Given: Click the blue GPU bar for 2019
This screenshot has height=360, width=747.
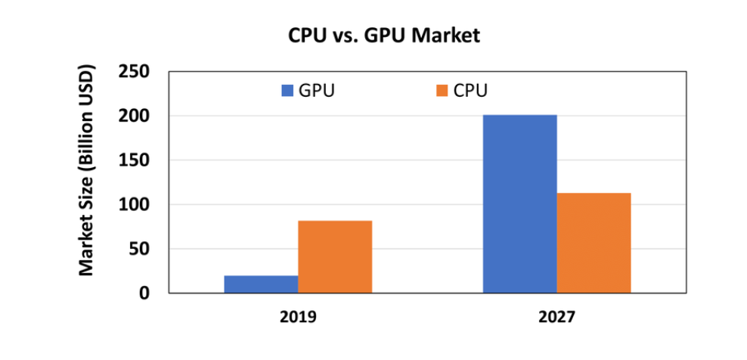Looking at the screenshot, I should tap(261, 284).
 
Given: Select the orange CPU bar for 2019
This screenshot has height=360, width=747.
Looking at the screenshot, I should tap(335, 256).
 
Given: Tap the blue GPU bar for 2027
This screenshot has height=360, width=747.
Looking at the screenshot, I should tap(520, 203).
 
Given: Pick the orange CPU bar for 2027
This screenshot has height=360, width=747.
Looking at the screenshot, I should tap(594, 243).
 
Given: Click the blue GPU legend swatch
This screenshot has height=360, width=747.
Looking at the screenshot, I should tap(287, 91).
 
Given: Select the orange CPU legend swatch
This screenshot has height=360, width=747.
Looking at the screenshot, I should tap(442, 91).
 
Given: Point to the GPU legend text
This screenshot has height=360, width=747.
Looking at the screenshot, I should tap(317, 91).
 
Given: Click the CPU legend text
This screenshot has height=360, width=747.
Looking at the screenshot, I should tap(471, 91).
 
